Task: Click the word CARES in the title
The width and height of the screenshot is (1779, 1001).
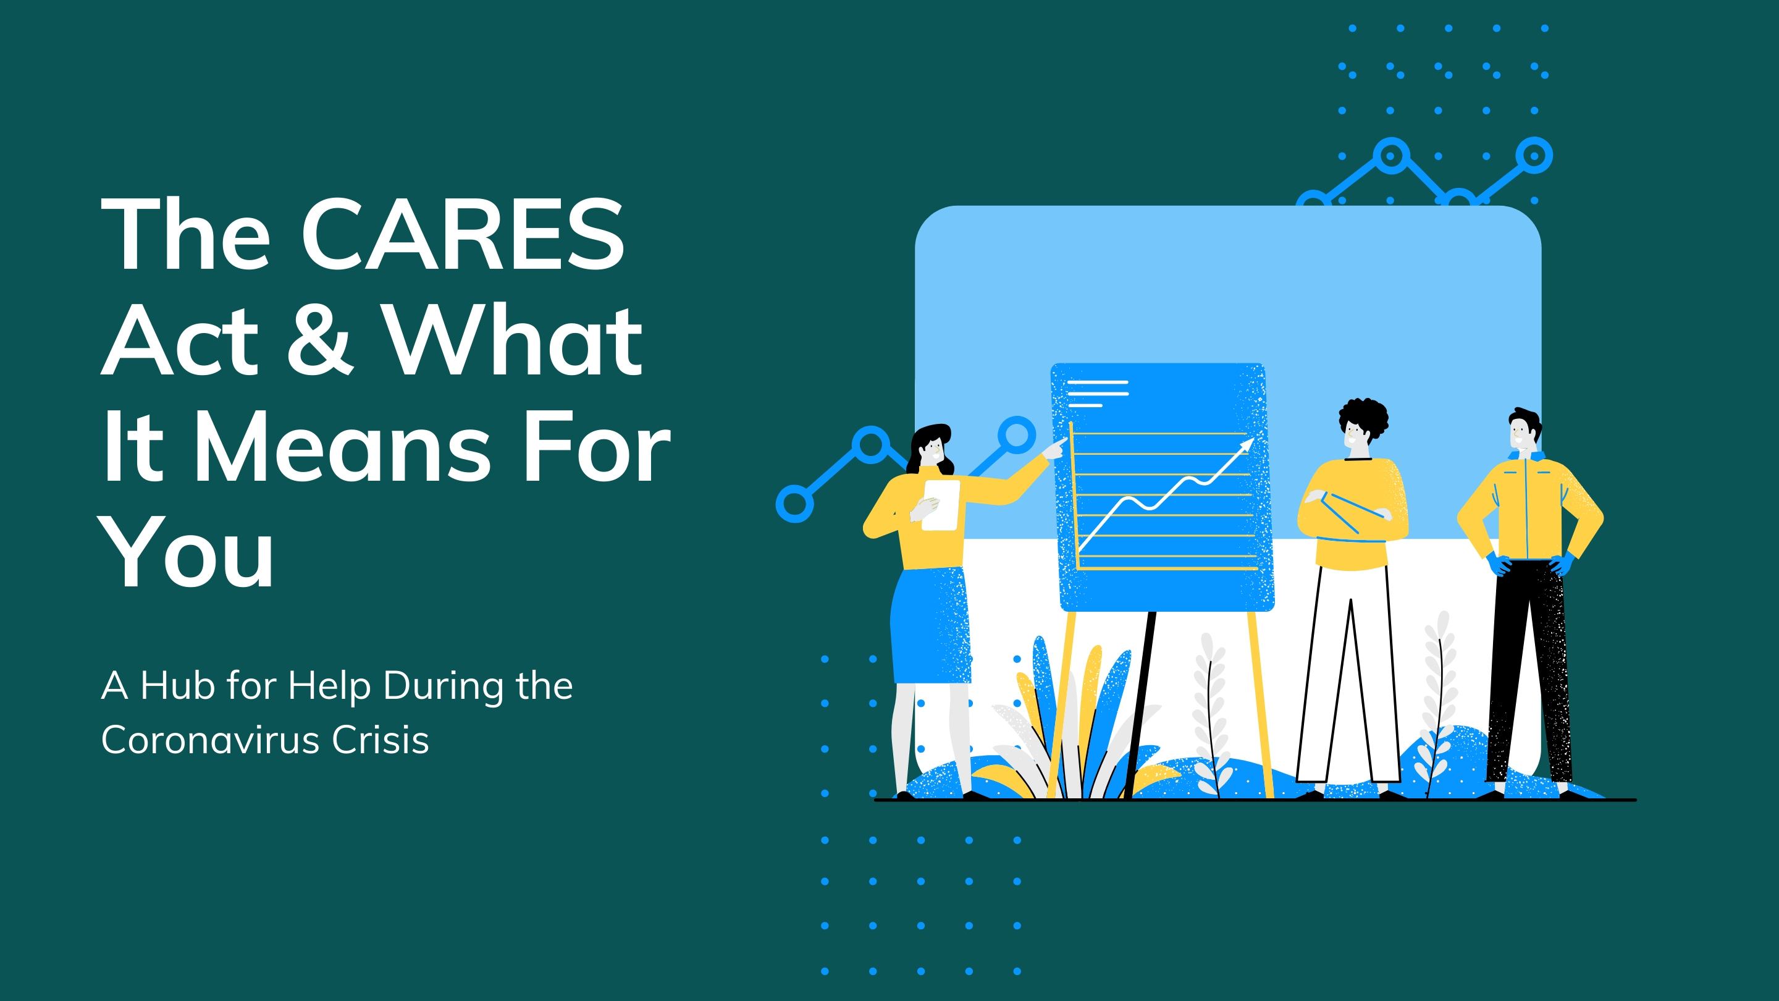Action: tap(463, 234)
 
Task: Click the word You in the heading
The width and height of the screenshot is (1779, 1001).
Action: tap(187, 552)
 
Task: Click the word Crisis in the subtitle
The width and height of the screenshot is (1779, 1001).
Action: tap(381, 740)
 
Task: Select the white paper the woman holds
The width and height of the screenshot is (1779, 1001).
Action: tap(941, 505)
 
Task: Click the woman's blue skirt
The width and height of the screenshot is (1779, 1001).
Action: tap(930, 626)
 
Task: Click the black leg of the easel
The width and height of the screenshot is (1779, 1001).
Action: tap(1140, 704)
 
